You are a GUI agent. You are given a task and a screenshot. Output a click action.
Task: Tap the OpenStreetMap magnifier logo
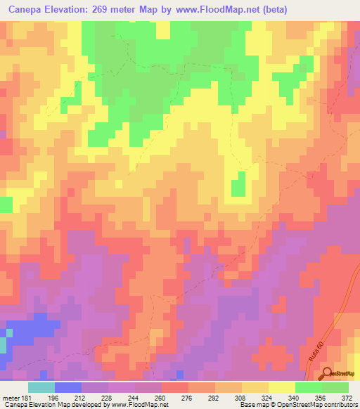point(326,373)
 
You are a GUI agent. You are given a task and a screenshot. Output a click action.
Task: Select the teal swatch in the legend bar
point(41,387)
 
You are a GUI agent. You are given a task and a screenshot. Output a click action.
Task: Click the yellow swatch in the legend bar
point(281,387)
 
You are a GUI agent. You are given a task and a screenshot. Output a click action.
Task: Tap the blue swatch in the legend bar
point(67,387)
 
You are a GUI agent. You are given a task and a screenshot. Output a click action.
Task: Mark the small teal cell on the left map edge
point(3,344)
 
